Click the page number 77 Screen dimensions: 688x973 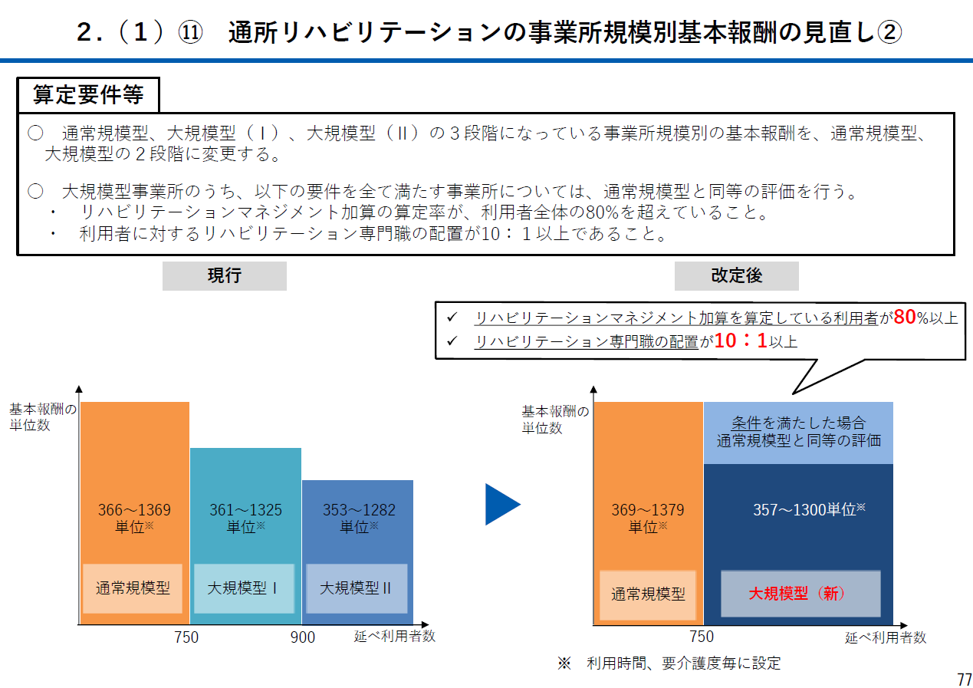click(964, 680)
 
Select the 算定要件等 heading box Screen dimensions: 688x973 click(88, 95)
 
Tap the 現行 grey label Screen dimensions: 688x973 click(224, 276)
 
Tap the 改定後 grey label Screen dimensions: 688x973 click(736, 276)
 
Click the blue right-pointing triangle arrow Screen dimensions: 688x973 click(502, 505)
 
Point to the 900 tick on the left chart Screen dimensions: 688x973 click(303, 637)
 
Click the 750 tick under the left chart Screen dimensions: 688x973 click(186, 637)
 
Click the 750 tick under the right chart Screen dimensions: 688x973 click(701, 637)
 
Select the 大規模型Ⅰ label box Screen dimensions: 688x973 click(243, 588)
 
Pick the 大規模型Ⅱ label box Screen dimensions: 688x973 click(356, 588)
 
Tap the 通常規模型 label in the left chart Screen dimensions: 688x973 click(133, 588)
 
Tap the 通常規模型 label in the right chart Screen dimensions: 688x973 click(648, 594)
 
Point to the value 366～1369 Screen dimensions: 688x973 click(134, 510)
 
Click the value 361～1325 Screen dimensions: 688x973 click(245, 510)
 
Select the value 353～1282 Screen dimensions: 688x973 click(359, 510)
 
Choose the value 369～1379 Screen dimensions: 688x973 click(647, 510)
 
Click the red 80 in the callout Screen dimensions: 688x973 click(905, 318)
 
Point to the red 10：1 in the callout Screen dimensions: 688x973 click(740, 341)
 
